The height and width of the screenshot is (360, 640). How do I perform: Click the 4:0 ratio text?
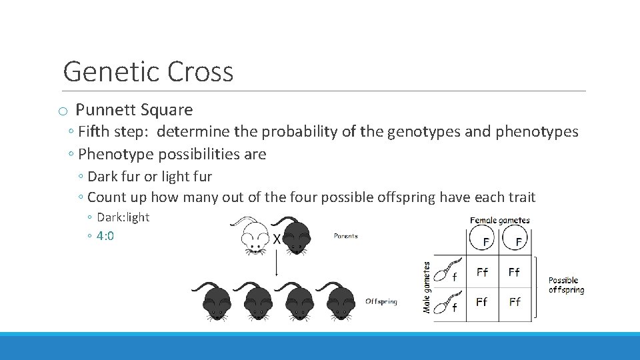click(x=105, y=236)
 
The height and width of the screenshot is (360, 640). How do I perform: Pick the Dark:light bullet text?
click(x=123, y=217)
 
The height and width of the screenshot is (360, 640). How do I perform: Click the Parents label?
click(x=346, y=236)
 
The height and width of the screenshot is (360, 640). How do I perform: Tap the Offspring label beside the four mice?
click(x=381, y=302)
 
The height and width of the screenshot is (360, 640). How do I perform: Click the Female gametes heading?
click(x=500, y=221)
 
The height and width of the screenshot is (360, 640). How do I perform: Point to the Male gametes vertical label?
click(x=427, y=287)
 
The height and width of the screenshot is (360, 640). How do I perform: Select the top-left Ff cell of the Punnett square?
click(x=482, y=272)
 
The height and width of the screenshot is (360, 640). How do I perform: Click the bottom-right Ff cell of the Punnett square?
click(x=515, y=302)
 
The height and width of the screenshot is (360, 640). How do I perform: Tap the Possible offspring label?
click(x=566, y=285)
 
